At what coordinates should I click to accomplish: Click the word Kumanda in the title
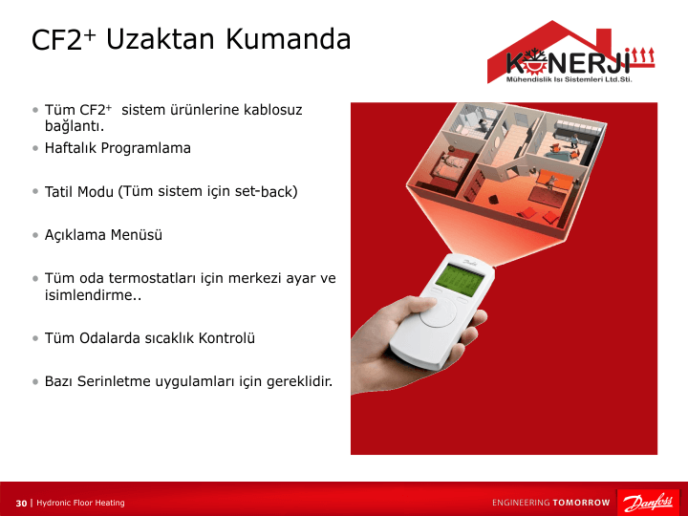point(289,38)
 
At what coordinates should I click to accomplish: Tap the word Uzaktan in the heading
point(161,38)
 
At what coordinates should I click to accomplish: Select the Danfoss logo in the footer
point(648,503)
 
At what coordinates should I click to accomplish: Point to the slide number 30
point(21,503)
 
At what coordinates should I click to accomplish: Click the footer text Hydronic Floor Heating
point(80,503)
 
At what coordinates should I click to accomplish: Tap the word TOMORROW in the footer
point(581,503)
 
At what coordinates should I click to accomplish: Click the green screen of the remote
point(459,281)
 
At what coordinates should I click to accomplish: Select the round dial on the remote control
point(438,312)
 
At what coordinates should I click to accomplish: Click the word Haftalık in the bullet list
point(71,148)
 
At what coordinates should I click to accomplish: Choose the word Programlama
point(145,149)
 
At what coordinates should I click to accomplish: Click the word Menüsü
point(137,235)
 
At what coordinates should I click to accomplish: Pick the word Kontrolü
point(226,338)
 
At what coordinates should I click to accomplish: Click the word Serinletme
point(114,381)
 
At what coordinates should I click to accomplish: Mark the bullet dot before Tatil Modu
point(35,192)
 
